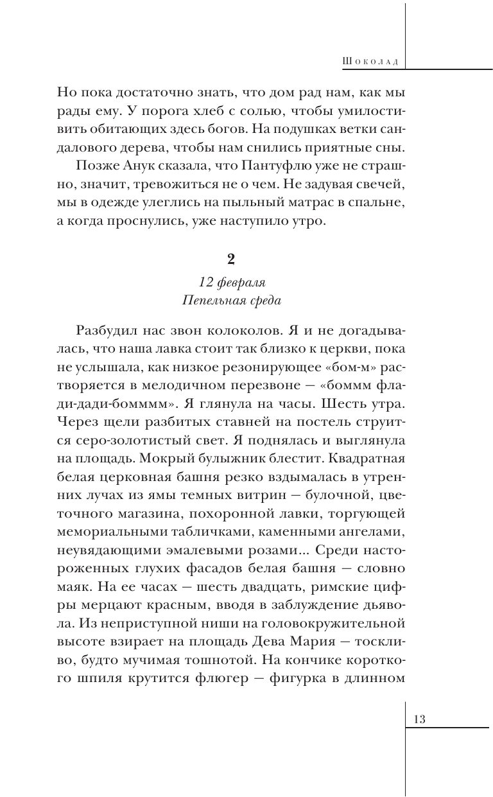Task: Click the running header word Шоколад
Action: point(372,61)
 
